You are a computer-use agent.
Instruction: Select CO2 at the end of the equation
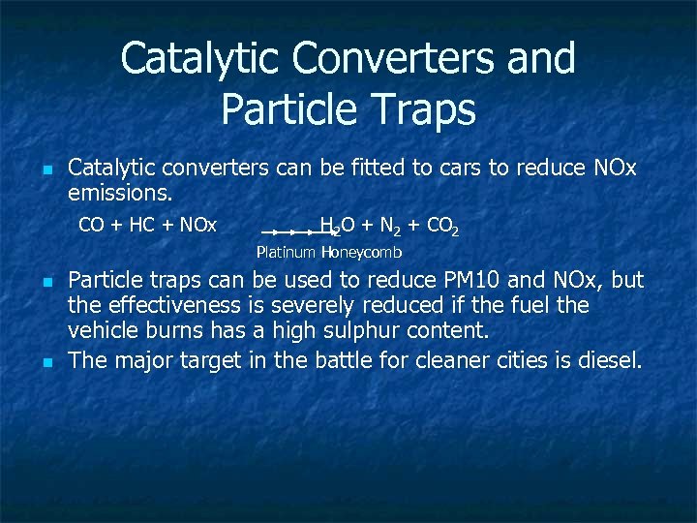pyautogui.click(x=441, y=228)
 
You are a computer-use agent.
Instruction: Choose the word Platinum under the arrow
pyautogui.click(x=287, y=253)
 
